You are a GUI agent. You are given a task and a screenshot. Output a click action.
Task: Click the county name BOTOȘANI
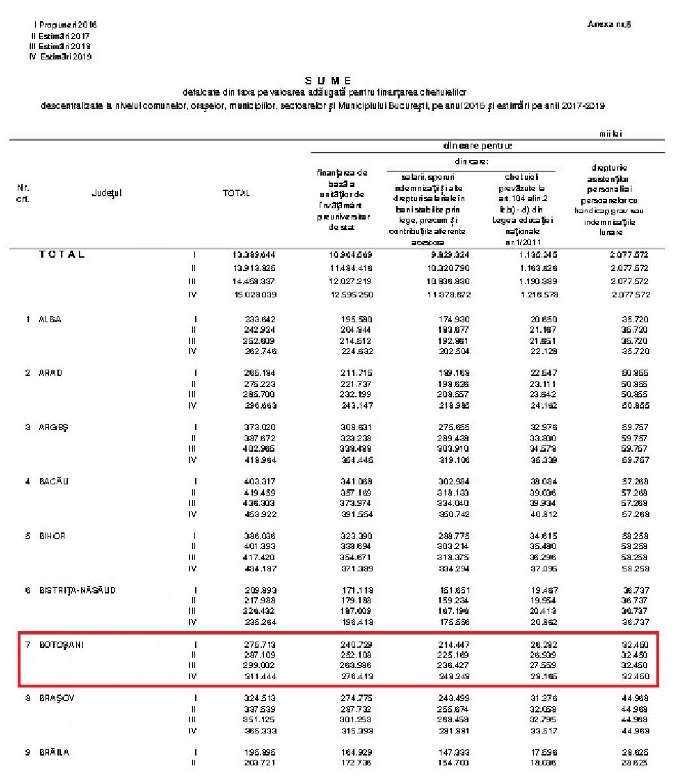click(x=61, y=644)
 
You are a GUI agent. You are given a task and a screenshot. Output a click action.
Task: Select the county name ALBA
click(x=49, y=319)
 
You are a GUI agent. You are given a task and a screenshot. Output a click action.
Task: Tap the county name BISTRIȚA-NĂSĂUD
click(x=77, y=590)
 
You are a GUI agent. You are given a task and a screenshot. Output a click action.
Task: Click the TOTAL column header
click(x=236, y=193)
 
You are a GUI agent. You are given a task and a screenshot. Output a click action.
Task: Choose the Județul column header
click(x=107, y=193)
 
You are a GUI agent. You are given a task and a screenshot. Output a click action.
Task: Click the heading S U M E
click(x=328, y=81)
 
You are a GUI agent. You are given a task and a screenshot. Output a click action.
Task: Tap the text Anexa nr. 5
click(x=609, y=24)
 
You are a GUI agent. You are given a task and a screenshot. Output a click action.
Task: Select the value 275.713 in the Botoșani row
click(x=259, y=644)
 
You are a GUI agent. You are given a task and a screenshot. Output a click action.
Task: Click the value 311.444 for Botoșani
click(x=259, y=676)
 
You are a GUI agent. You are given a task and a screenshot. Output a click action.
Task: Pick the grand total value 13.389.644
click(x=254, y=254)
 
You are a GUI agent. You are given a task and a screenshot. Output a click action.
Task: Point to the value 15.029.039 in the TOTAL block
click(x=254, y=295)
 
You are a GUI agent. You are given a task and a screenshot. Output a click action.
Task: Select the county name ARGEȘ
click(x=53, y=427)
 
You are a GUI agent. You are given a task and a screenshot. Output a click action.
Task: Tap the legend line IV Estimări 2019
click(x=61, y=57)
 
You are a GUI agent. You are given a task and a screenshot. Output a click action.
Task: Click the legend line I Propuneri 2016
click(x=64, y=25)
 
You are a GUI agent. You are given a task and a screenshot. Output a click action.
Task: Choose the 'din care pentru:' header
click(x=477, y=146)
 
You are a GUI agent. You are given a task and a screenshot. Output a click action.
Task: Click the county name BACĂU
click(x=53, y=482)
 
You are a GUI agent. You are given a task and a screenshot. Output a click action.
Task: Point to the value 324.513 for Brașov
click(x=259, y=698)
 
